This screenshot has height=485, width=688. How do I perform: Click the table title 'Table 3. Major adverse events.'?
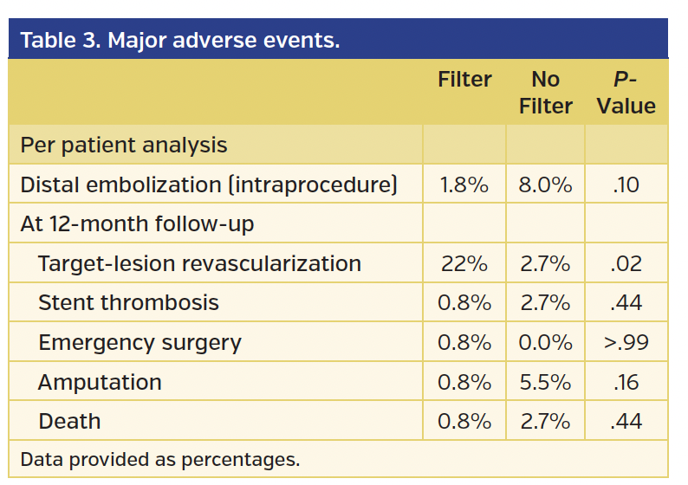click(179, 41)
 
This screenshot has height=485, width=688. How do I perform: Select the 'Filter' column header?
click(464, 80)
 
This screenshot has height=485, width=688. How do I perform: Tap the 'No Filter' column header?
click(545, 93)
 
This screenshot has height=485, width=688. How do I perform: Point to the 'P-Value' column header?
click(625, 93)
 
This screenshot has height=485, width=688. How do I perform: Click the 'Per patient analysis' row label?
click(124, 145)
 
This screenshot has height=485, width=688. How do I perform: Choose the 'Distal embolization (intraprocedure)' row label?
click(208, 184)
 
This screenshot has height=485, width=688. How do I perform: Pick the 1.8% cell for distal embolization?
click(464, 184)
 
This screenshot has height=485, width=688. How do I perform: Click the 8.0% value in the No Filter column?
click(545, 184)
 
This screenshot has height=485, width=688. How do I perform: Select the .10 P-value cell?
click(625, 184)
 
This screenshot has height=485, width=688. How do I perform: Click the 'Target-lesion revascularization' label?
click(199, 263)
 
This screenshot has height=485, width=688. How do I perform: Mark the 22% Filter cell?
click(464, 263)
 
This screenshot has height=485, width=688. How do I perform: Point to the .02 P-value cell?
click(625, 263)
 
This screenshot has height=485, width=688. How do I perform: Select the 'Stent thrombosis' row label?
click(128, 302)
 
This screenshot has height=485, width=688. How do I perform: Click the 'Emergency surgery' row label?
click(140, 342)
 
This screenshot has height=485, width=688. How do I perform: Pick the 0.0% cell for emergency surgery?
click(545, 342)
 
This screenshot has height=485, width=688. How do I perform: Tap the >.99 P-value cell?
click(625, 342)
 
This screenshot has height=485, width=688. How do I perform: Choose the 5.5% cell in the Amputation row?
click(545, 382)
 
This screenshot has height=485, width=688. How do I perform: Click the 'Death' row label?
click(69, 422)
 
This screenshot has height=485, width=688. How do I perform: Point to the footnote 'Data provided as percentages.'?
click(159, 459)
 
